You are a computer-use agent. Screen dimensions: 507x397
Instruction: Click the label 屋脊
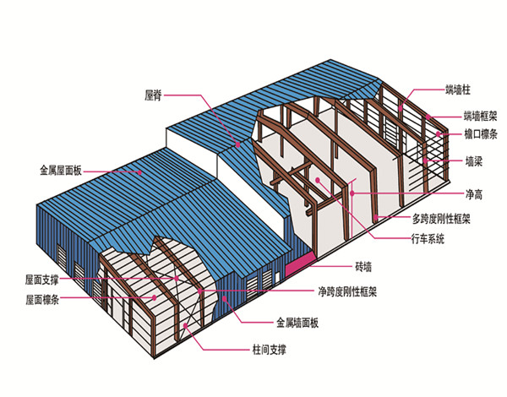tap(153, 95)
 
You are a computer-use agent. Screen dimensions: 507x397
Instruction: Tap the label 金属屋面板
tap(61, 171)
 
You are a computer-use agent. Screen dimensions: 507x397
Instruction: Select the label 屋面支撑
tap(42, 280)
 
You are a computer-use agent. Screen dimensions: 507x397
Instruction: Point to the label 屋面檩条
tap(42, 300)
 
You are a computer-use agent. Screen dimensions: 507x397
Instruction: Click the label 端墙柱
tap(458, 90)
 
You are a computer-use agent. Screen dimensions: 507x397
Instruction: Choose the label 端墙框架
tap(481, 116)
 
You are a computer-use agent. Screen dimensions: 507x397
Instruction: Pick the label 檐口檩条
tap(481, 134)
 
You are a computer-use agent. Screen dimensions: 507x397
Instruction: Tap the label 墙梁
tap(474, 161)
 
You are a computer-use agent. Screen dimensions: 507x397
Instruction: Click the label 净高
tap(474, 194)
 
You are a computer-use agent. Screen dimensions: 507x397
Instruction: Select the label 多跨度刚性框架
tap(441, 219)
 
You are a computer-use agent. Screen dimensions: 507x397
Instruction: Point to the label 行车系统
tap(428, 239)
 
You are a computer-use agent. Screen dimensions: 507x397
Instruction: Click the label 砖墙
tap(363, 267)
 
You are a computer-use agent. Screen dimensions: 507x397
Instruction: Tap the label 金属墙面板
tap(297, 323)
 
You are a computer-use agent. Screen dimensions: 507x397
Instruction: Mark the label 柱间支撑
tap(270, 350)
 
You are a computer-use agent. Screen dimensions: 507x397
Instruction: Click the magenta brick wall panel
tap(300, 264)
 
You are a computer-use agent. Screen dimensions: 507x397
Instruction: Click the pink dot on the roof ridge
tap(238, 144)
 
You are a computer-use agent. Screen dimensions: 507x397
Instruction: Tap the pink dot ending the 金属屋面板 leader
tap(139, 172)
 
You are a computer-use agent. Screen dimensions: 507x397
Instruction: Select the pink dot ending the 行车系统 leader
tap(319, 180)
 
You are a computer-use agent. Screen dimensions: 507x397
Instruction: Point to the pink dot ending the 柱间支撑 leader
tap(185, 325)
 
